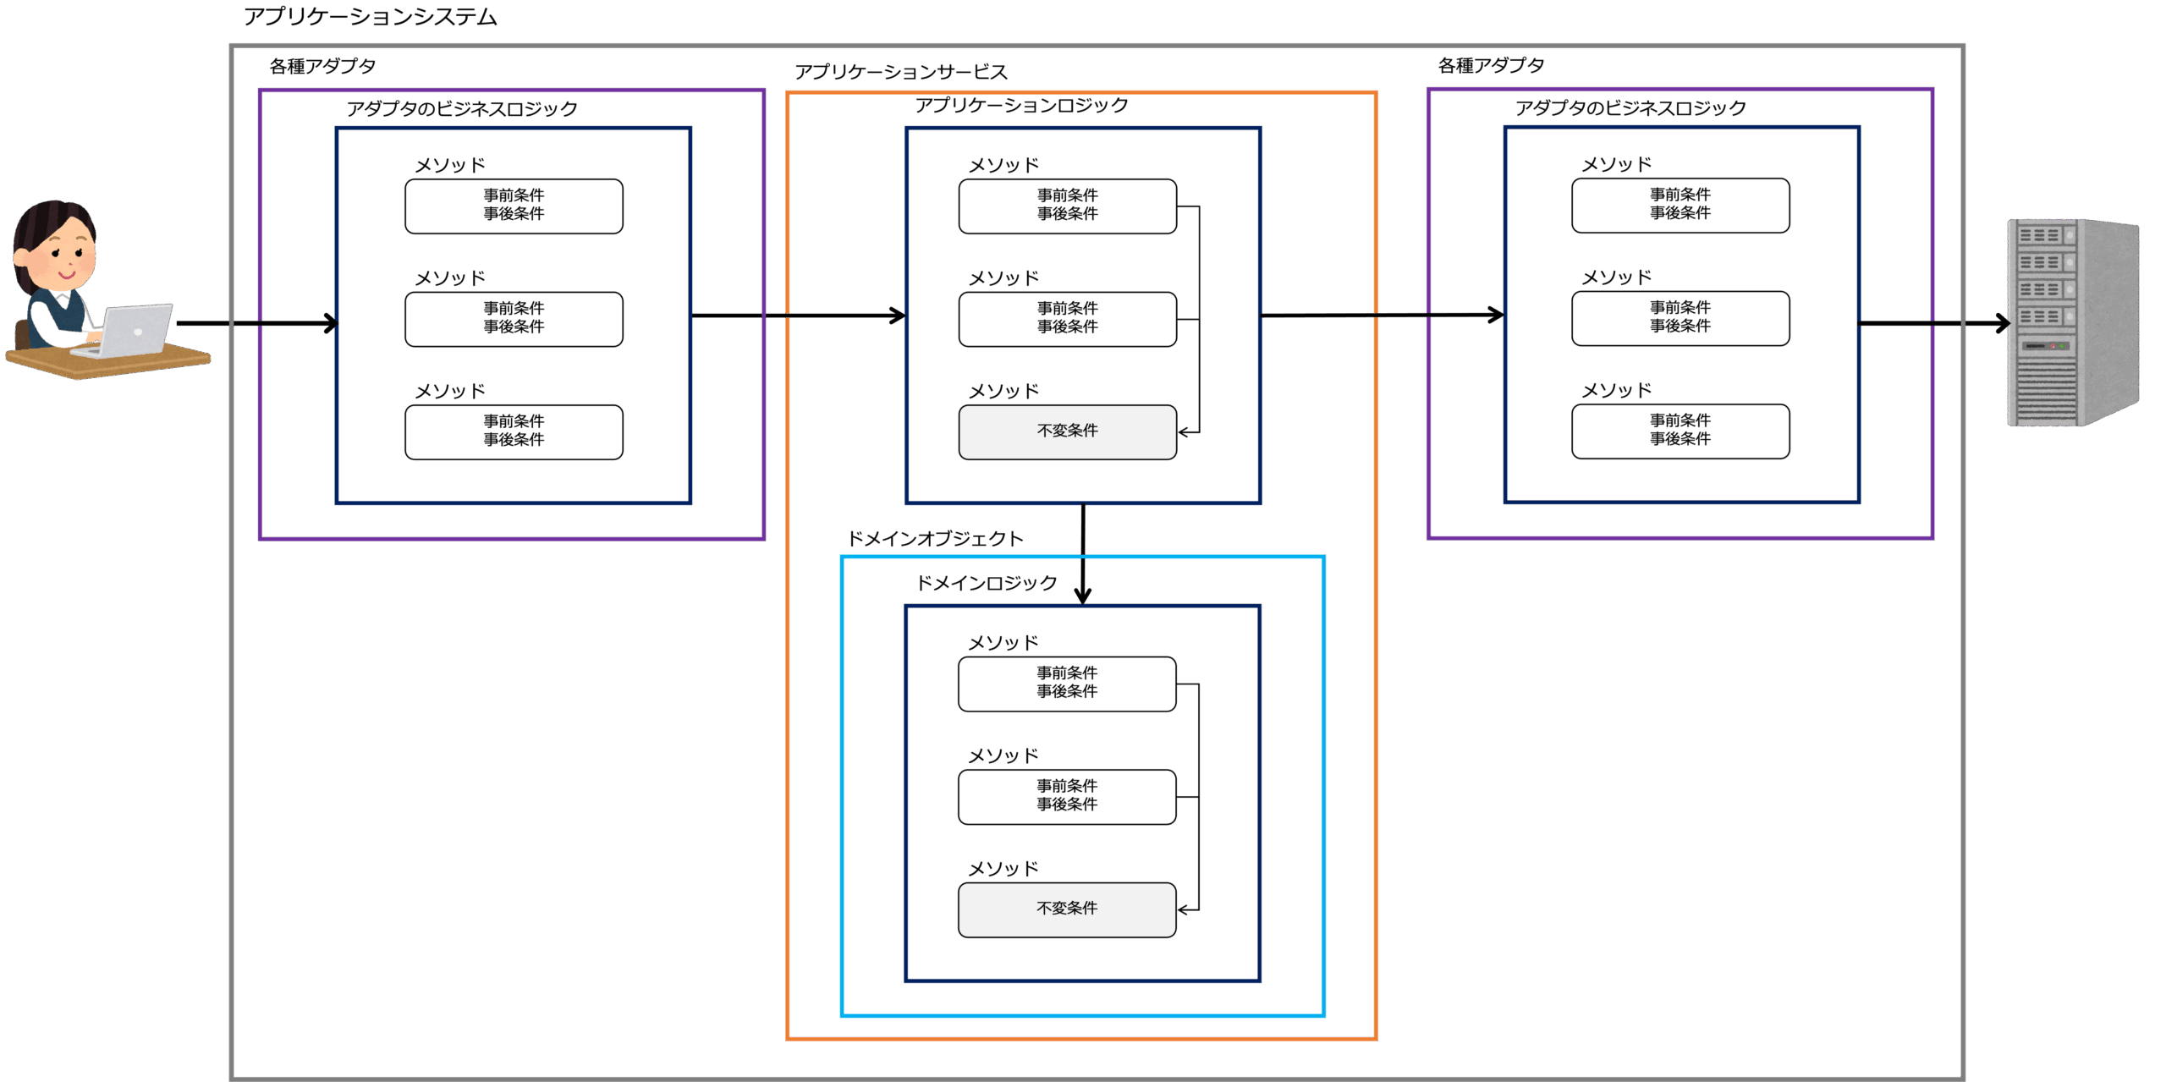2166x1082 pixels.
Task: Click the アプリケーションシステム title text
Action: click(370, 17)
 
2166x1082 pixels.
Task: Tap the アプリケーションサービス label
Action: click(900, 72)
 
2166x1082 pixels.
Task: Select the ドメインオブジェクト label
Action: click(935, 539)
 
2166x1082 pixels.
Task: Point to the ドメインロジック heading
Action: click(987, 583)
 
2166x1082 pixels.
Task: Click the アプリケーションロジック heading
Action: click(1021, 106)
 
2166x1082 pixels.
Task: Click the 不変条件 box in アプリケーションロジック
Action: click(1067, 431)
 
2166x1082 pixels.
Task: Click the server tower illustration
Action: click(2072, 322)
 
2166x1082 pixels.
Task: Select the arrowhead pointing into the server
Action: click(2002, 323)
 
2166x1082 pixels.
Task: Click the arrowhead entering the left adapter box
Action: click(330, 323)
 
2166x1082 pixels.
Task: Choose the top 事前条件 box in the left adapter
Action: click(514, 206)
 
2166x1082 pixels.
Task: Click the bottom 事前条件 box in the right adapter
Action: click(1680, 431)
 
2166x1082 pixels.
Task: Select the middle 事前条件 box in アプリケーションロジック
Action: click(1067, 318)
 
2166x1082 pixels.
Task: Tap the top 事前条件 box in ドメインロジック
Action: click(1067, 684)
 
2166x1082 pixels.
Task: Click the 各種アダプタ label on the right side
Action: click(1491, 65)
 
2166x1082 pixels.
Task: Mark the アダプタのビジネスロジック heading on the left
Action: click(461, 108)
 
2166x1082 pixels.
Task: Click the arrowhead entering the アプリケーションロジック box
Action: click(898, 316)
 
